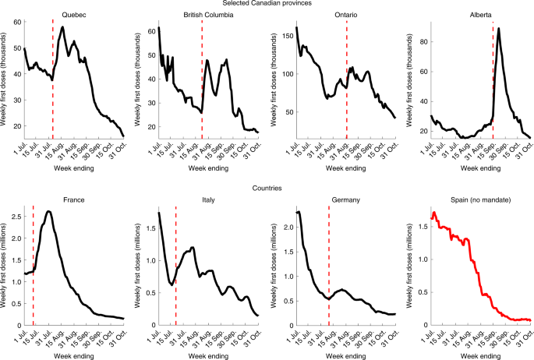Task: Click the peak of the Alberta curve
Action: coord(498,29)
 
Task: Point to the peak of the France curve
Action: coord(49,212)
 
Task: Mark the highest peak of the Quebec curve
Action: coord(62,27)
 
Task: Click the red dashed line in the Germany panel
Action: coord(329,265)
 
